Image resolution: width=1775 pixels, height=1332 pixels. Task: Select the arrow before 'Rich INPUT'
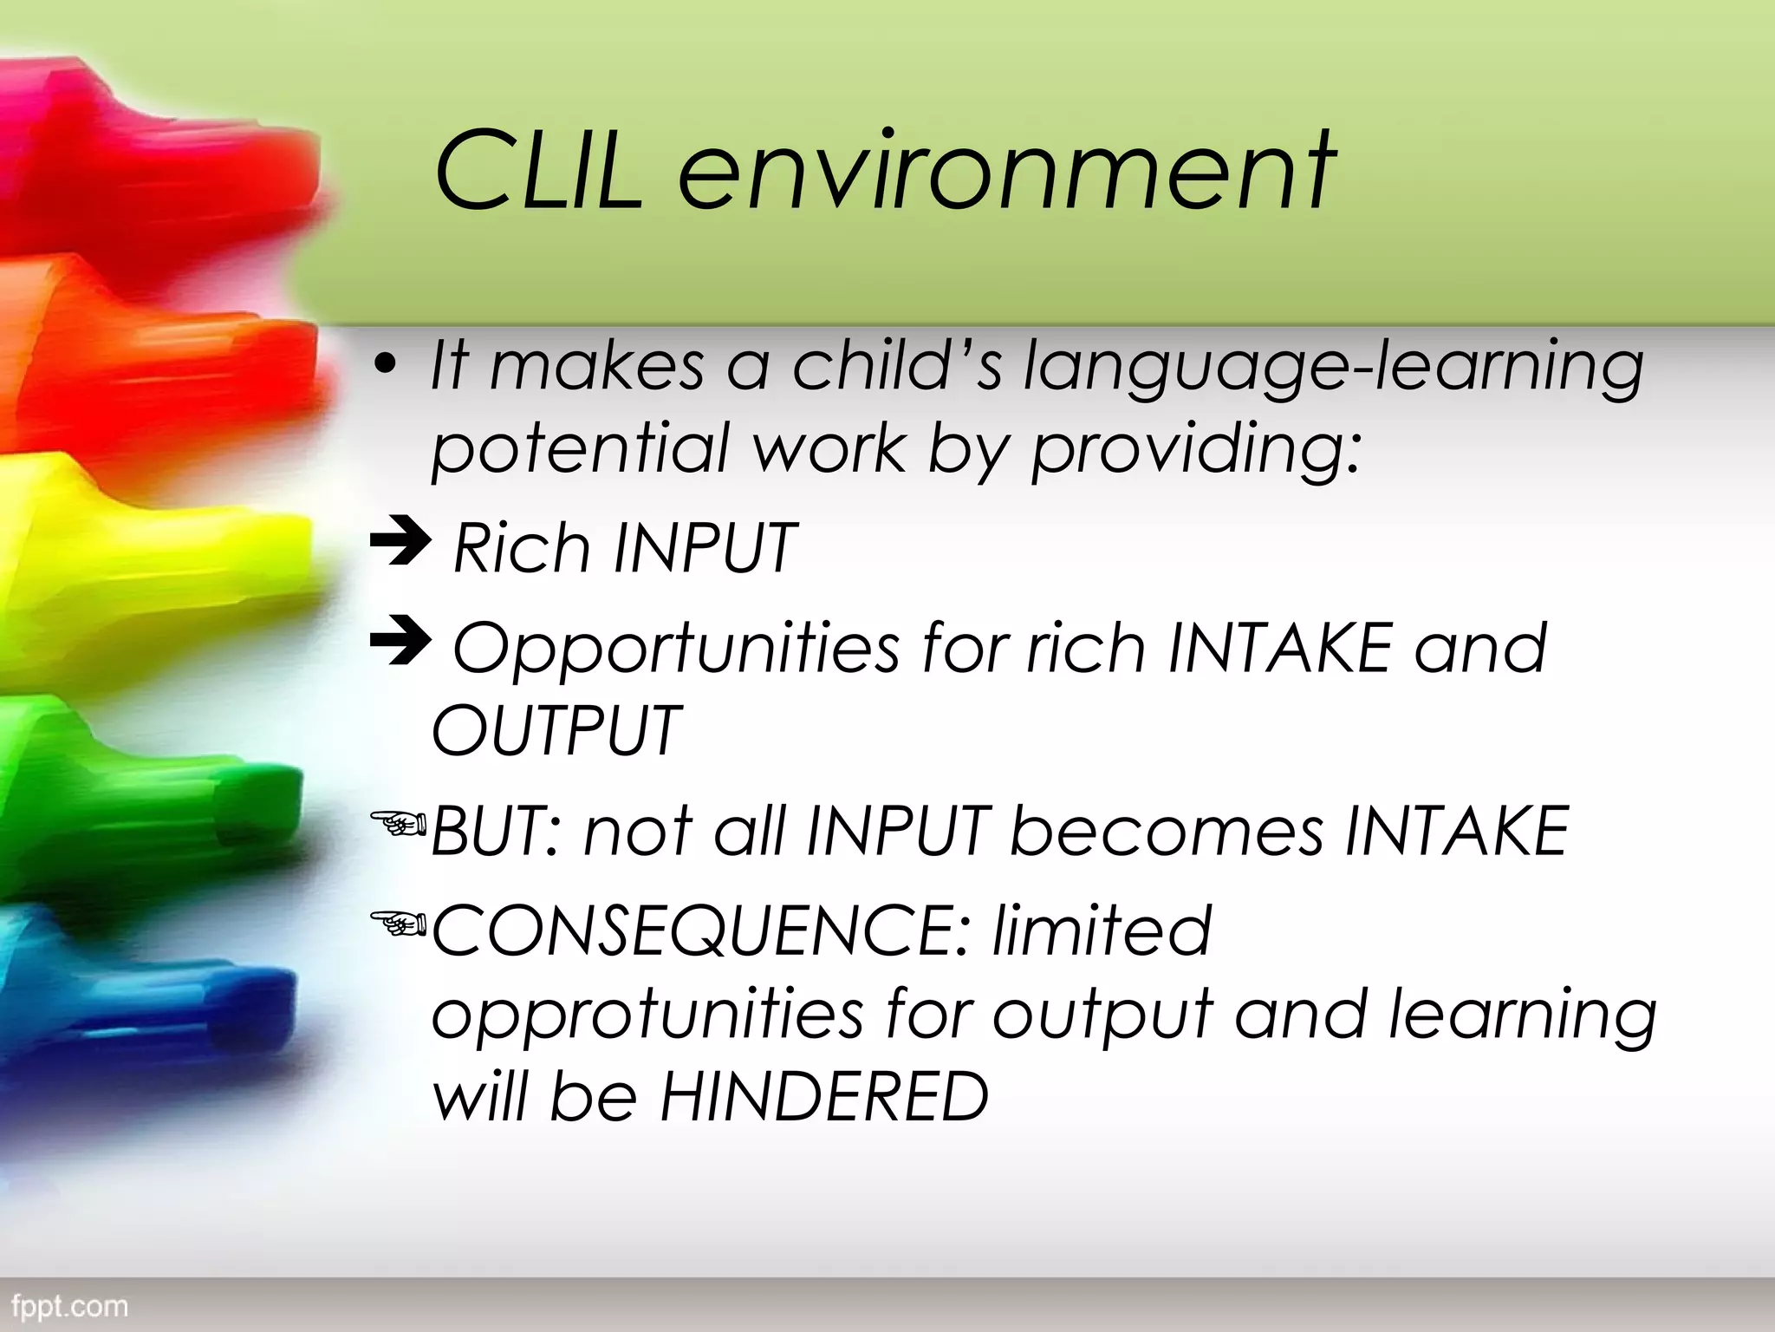coord(400,542)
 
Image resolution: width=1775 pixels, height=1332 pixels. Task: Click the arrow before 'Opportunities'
coord(400,643)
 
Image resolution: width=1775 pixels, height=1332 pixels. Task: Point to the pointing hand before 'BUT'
coord(398,823)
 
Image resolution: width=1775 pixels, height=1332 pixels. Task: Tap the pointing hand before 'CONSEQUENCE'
coord(398,923)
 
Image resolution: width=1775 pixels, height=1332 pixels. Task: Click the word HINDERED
coord(823,1097)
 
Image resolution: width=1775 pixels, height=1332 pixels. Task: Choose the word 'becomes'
coord(1167,831)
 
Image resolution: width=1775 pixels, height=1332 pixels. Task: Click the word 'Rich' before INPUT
coord(521,548)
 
